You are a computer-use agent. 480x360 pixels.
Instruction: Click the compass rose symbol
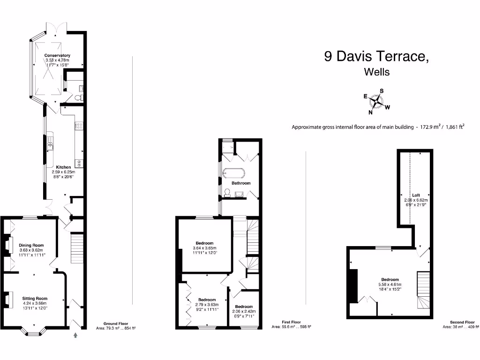[x=376, y=101]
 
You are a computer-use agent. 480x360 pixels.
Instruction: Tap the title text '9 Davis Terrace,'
[x=376, y=57]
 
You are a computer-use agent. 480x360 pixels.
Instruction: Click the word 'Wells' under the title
[x=376, y=72]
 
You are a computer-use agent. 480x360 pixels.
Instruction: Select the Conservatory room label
[x=57, y=55]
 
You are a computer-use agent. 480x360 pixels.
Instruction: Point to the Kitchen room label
[x=63, y=167]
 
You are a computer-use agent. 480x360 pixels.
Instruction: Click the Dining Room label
[x=31, y=245]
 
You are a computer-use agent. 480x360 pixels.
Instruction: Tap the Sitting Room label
[x=35, y=298]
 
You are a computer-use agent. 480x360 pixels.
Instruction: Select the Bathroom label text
[x=241, y=183]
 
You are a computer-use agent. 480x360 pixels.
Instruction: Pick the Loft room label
[x=416, y=195]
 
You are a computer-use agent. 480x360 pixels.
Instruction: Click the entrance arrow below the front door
[x=75, y=335]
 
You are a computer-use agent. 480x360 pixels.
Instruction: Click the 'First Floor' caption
[x=291, y=322]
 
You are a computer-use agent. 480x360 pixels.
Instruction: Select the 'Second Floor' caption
[x=463, y=322]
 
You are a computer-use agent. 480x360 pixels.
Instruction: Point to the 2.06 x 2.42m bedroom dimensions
[x=244, y=311]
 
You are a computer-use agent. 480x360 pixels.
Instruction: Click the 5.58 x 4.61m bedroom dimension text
[x=390, y=285]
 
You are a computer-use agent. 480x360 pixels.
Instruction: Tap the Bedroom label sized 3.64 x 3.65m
[x=204, y=243]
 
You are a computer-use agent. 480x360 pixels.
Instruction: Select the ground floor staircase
[x=77, y=249]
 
